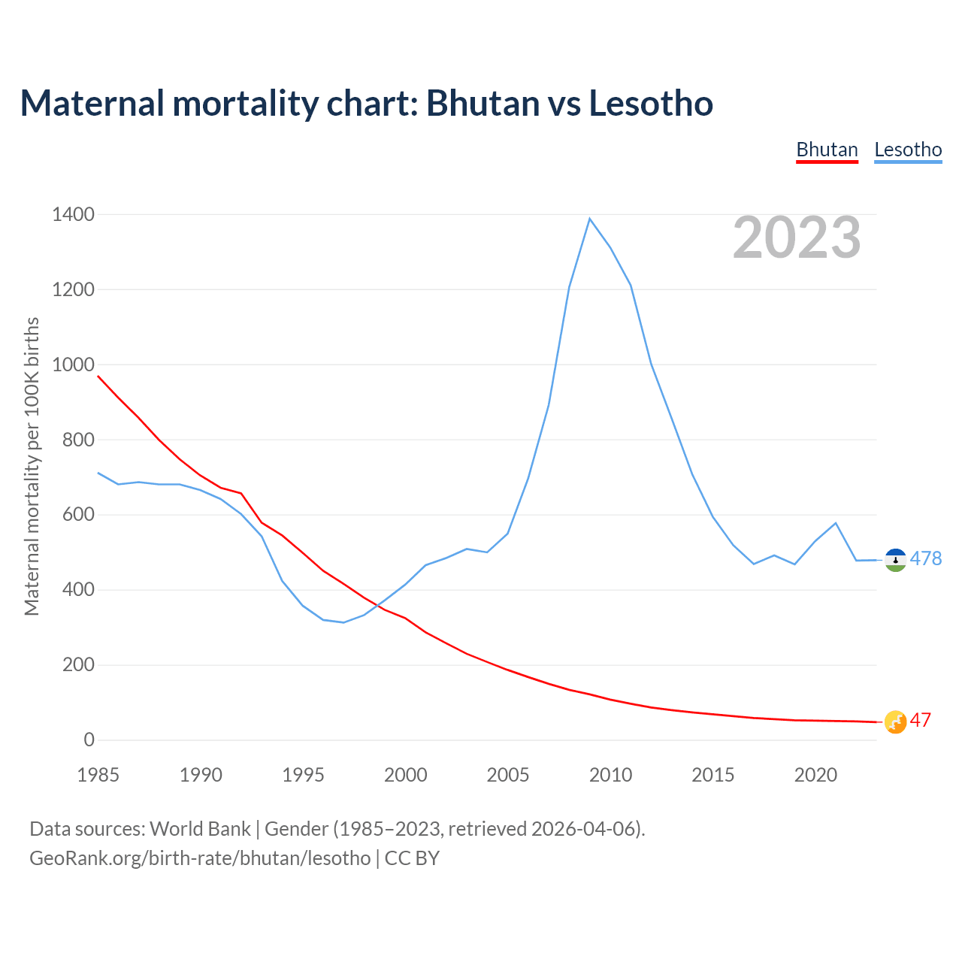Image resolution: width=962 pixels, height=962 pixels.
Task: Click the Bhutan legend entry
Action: pos(827,150)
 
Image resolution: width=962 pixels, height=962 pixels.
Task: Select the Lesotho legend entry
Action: pos(908,150)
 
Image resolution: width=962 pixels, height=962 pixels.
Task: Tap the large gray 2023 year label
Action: pos(797,237)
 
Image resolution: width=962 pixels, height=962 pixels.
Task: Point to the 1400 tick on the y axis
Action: pos(73,215)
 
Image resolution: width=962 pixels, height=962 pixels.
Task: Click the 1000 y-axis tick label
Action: pos(73,365)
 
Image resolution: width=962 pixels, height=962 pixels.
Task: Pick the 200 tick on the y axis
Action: pos(78,665)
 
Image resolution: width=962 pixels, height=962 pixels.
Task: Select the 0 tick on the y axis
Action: pos(89,740)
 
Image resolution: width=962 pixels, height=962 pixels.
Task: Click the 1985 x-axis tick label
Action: pos(98,775)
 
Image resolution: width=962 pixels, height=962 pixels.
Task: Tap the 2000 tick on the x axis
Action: pos(405,775)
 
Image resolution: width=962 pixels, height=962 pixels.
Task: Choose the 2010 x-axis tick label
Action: pos(610,775)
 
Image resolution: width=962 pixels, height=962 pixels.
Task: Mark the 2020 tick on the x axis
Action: pos(815,775)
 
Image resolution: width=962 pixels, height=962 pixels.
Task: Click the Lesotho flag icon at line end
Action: pos(895,560)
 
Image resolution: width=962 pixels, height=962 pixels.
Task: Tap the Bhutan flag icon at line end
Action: pos(895,721)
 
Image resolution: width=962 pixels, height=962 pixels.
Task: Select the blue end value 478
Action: pos(925,558)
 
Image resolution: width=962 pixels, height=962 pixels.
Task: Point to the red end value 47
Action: pos(921,720)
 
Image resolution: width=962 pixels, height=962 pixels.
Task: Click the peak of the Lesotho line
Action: pos(590,219)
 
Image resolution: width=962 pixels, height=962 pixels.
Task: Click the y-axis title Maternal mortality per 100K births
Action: pos(32,466)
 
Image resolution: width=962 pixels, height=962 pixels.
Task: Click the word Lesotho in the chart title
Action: pos(651,103)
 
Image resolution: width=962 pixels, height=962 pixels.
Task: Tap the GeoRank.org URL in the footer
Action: pos(200,858)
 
